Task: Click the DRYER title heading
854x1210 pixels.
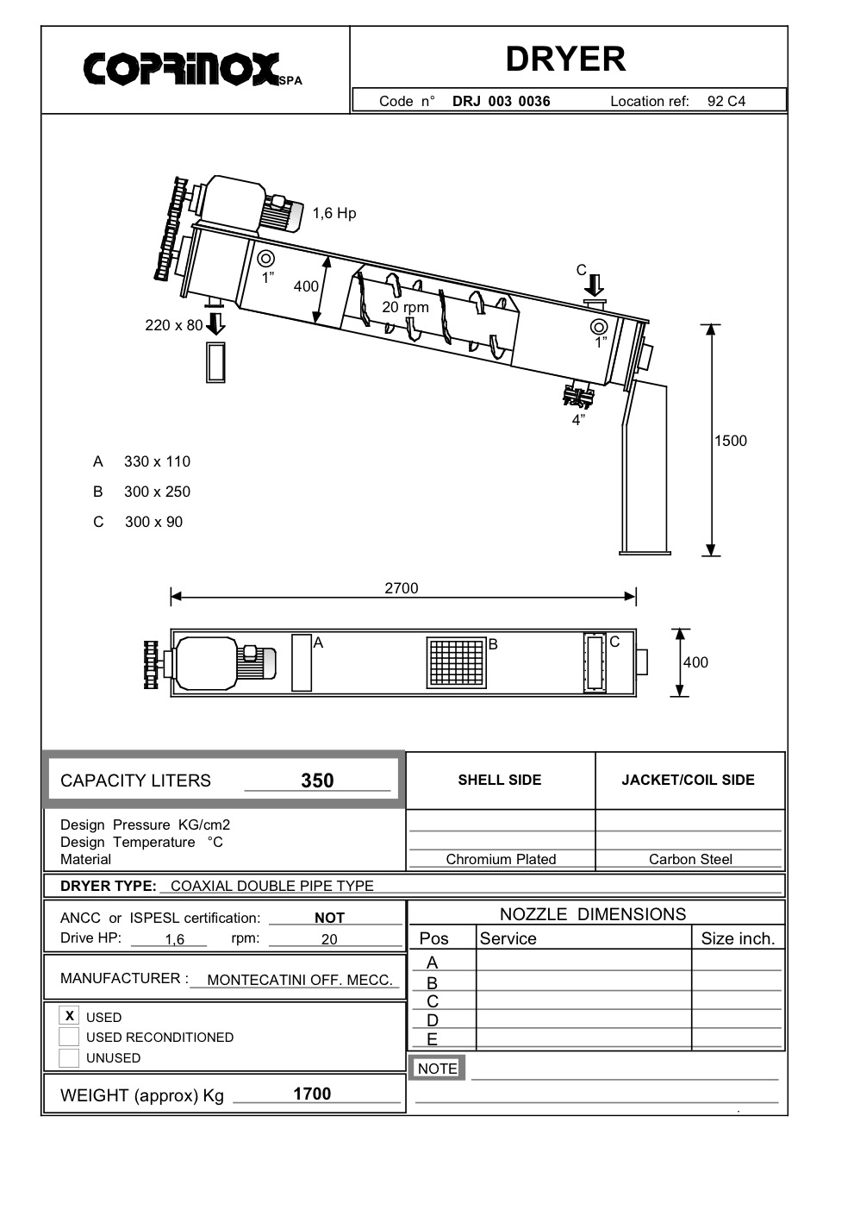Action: pyautogui.click(x=565, y=59)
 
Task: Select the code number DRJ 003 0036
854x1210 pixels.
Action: pyautogui.click(x=501, y=101)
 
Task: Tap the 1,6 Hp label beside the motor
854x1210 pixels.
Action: pyautogui.click(x=333, y=213)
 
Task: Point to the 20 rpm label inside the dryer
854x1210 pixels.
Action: pyautogui.click(x=405, y=307)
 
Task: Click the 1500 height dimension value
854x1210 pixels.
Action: pyautogui.click(x=731, y=441)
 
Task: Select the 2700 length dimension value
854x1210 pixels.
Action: pyautogui.click(x=402, y=588)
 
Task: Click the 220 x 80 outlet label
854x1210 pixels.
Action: pyautogui.click(x=173, y=325)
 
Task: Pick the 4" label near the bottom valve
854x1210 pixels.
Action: pyautogui.click(x=578, y=420)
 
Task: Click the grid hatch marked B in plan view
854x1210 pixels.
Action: pyautogui.click(x=456, y=663)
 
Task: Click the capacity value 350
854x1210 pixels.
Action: pyautogui.click(x=317, y=781)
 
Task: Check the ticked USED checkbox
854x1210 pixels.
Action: pyautogui.click(x=70, y=1016)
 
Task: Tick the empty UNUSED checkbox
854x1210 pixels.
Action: pyautogui.click(x=69, y=1057)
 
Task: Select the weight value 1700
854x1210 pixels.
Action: pyautogui.click(x=312, y=1094)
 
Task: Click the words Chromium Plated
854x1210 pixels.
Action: pyautogui.click(x=501, y=859)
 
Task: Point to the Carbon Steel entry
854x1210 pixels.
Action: pyautogui.click(x=690, y=859)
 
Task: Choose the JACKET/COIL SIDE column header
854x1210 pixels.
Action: pyautogui.click(x=688, y=780)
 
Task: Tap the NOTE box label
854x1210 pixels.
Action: pyautogui.click(x=437, y=1068)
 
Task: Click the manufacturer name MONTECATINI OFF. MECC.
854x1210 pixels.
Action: pyautogui.click(x=300, y=980)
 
